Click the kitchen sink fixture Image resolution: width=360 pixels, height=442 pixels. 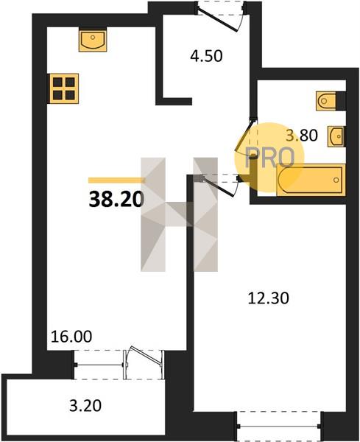click(93, 40)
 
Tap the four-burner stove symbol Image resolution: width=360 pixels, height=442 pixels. click(64, 88)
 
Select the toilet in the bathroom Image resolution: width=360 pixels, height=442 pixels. click(326, 101)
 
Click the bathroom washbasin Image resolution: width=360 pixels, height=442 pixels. click(336, 136)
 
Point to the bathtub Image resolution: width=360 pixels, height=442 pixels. click(311, 180)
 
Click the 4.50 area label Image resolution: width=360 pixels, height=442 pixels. click(206, 56)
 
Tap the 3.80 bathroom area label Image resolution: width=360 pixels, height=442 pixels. click(302, 135)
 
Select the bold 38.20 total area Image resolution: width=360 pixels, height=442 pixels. click(116, 200)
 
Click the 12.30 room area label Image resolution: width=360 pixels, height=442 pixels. click(269, 298)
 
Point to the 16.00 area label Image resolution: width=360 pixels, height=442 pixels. click(71, 337)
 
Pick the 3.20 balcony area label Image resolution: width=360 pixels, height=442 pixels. click(85, 406)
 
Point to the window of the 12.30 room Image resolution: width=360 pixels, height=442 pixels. click(279, 426)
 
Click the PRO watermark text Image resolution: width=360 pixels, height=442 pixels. click(270, 158)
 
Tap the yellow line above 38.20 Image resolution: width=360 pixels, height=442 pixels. click(116, 180)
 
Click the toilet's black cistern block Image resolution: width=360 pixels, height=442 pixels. click(341, 101)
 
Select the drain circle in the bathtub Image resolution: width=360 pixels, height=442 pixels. click(336, 180)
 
